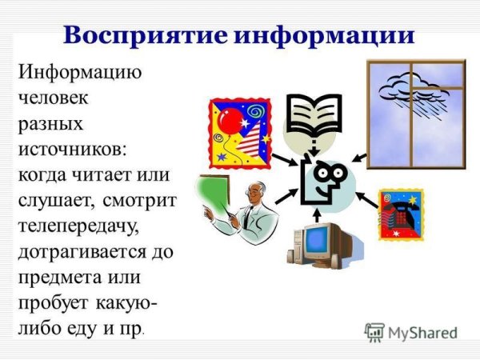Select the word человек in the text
coord(54,100)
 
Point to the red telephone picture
coord(400,214)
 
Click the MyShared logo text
coord(421,334)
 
